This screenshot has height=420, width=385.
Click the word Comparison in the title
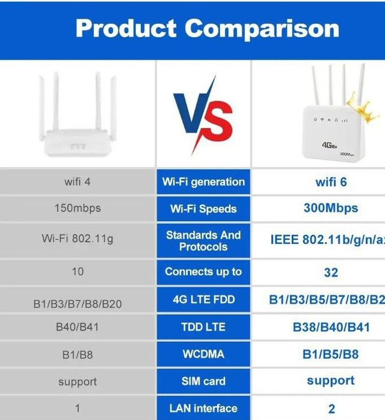tap(262, 29)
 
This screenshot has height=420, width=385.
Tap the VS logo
tap(203, 115)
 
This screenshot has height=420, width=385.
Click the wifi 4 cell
tap(78, 181)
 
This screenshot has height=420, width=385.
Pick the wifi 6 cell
tap(331, 181)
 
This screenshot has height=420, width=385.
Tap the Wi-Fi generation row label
tap(203, 181)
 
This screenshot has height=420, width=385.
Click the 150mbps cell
tap(78, 208)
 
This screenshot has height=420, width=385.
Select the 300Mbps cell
tap(331, 208)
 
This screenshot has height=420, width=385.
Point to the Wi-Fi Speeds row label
tap(203, 209)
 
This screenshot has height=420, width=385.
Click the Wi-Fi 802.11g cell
tap(78, 239)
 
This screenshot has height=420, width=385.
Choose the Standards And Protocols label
tap(203, 241)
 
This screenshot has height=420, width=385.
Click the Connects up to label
tap(203, 272)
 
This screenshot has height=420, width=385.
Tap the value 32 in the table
tap(331, 272)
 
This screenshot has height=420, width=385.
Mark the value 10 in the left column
tap(78, 272)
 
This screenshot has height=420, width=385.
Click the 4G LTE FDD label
tap(203, 299)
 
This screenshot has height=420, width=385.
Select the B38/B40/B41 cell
tap(331, 327)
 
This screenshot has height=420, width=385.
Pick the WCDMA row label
tap(203, 354)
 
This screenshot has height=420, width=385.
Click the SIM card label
tap(203, 381)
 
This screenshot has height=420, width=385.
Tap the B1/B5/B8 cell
tap(331, 354)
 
